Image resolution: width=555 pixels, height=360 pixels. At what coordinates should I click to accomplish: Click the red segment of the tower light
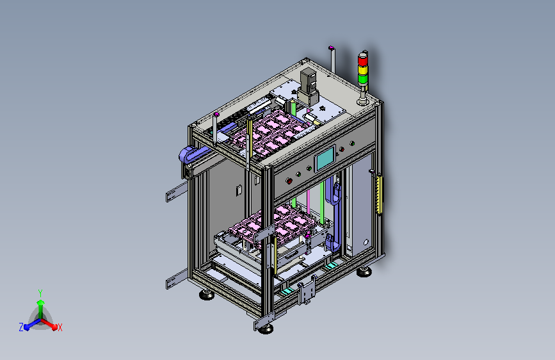pyautogui.click(x=363, y=61)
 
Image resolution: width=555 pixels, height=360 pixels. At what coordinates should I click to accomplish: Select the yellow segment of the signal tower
pyautogui.click(x=363, y=70)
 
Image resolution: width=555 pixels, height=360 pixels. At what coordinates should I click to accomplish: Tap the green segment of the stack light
pyautogui.click(x=363, y=79)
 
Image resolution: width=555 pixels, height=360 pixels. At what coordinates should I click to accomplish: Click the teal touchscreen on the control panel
pyautogui.click(x=325, y=159)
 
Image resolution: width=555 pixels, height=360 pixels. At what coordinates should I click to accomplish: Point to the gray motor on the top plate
pyautogui.click(x=308, y=86)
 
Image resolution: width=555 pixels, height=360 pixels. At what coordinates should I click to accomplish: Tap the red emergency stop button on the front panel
pyautogui.click(x=289, y=181)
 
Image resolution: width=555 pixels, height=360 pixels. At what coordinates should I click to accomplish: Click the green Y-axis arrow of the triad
pyautogui.click(x=41, y=308)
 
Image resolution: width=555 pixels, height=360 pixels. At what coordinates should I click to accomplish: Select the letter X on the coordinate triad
pyautogui.click(x=60, y=328)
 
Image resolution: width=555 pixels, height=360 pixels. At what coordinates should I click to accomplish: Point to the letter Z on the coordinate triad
pyautogui.click(x=21, y=327)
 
